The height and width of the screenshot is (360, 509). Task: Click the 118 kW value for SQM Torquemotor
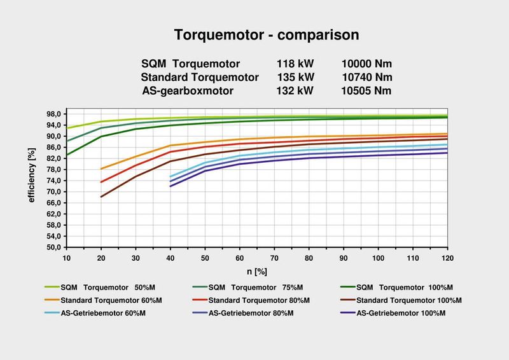(295, 64)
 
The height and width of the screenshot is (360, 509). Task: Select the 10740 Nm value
(366, 78)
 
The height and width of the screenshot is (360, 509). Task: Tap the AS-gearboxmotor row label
(188, 91)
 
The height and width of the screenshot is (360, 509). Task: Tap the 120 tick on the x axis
(447, 259)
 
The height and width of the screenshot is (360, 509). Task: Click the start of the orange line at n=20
(101, 169)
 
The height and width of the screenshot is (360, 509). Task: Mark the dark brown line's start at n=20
(101, 197)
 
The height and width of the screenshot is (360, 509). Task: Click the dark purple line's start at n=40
(171, 186)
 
